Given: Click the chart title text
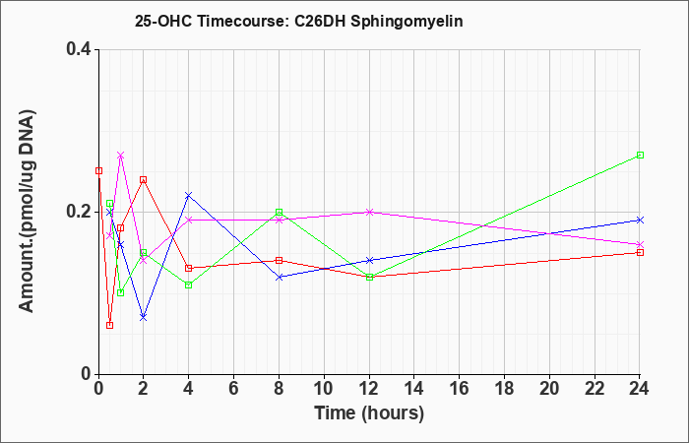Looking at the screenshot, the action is [x=299, y=22].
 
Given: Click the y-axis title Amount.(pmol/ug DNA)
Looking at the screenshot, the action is [x=27, y=211].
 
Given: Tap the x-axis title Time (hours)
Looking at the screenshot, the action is [x=369, y=413].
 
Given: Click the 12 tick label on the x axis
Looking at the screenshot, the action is [x=369, y=389].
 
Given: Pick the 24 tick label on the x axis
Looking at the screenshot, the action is [x=640, y=389].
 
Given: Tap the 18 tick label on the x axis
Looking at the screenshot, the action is [x=504, y=389].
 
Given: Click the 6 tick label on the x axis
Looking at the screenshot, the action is [x=234, y=389].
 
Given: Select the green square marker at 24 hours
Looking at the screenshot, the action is [x=640, y=156].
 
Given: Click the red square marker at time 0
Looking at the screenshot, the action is [x=98, y=171].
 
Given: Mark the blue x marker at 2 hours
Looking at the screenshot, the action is [x=144, y=317].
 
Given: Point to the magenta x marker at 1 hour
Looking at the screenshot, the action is [x=121, y=156].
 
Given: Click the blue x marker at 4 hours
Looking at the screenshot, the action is [x=189, y=195].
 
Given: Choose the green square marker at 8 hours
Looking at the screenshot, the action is [x=279, y=213].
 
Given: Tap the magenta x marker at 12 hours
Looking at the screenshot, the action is [x=369, y=212].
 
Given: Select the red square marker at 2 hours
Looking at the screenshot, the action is [x=144, y=180].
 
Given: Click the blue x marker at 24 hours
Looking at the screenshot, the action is [x=640, y=220].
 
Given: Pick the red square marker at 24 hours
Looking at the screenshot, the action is [x=640, y=253].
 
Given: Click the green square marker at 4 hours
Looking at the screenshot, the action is [x=189, y=285].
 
